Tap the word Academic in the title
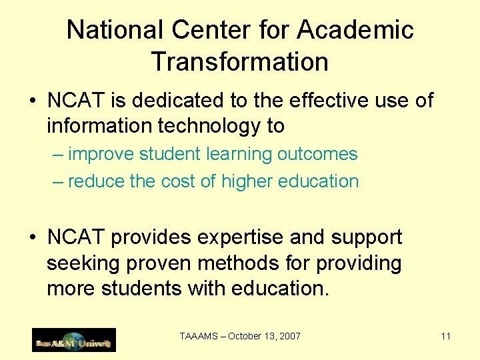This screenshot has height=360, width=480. click(x=355, y=30)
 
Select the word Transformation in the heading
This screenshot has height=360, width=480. click(x=240, y=62)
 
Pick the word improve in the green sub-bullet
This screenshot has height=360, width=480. click(x=101, y=154)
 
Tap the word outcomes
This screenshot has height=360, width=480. click(x=317, y=154)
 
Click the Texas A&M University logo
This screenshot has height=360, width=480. click(x=74, y=340)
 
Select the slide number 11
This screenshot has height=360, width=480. click(x=446, y=336)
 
